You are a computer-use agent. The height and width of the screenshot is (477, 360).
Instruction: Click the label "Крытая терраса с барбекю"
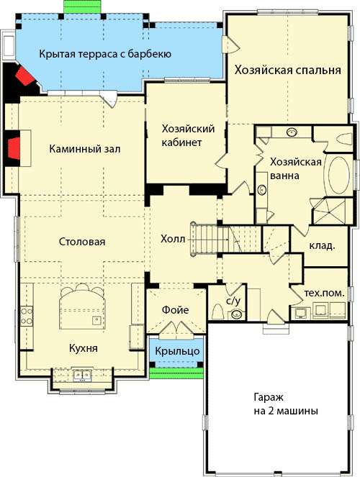click(x=105, y=54)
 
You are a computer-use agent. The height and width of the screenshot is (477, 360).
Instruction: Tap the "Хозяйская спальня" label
click(x=287, y=70)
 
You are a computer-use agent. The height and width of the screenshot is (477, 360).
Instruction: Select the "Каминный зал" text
click(x=85, y=149)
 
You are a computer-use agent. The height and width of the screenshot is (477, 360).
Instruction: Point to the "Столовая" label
click(x=82, y=242)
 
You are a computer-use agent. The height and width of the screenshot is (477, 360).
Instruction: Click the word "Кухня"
click(x=84, y=348)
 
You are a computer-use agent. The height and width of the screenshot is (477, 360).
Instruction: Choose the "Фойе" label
click(x=175, y=310)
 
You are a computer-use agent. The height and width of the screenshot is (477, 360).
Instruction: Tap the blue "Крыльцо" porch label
click(x=177, y=351)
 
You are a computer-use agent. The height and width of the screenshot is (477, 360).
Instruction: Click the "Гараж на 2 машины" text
click(x=286, y=404)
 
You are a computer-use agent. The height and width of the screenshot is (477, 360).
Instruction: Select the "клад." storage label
click(x=323, y=245)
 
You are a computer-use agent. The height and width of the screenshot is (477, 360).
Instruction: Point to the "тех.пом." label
click(x=325, y=293)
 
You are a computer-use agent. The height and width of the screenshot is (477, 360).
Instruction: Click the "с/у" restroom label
click(x=233, y=301)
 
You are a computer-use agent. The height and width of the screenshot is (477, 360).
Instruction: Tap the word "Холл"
click(x=173, y=239)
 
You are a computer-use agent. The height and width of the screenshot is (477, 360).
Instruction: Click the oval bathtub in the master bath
click(x=338, y=175)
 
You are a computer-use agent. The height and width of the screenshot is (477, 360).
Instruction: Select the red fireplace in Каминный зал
click(x=14, y=148)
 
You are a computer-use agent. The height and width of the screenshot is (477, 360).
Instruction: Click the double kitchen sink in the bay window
click(x=82, y=375)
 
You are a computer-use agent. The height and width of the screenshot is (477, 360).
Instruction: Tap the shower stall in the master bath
click(x=330, y=211)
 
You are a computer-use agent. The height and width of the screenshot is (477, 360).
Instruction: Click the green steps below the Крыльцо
click(x=176, y=373)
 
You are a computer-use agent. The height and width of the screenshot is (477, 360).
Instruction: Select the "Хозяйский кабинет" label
click(x=188, y=135)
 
